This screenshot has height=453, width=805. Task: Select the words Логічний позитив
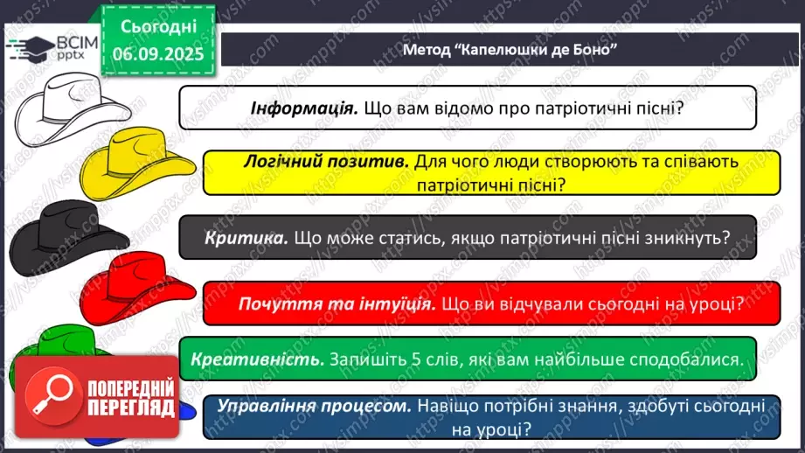(324, 162)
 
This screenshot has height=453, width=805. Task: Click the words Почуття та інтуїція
(337, 304)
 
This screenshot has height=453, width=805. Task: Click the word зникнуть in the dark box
(685, 237)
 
